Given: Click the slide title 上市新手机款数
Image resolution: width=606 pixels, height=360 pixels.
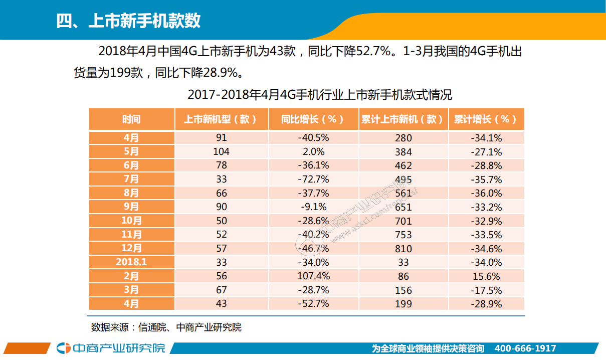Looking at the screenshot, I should click(129, 21).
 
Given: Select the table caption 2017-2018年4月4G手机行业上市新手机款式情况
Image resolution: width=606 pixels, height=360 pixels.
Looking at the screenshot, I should click(319, 94).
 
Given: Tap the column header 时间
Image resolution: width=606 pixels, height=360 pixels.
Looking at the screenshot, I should click(131, 119).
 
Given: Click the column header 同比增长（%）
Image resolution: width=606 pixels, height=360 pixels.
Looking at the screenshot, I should click(313, 119).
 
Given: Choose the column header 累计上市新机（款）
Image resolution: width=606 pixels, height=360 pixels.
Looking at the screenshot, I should click(402, 119).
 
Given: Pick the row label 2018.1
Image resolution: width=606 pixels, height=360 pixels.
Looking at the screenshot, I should click(131, 262).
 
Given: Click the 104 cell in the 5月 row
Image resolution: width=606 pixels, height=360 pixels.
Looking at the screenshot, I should click(221, 151).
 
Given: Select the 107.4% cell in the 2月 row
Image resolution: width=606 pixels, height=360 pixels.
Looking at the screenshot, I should click(313, 276).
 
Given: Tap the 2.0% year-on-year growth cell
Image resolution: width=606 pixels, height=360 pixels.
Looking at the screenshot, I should click(313, 151).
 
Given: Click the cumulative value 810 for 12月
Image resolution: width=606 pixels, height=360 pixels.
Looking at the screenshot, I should click(403, 249).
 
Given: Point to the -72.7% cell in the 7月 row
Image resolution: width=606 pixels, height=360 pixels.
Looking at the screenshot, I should click(313, 179).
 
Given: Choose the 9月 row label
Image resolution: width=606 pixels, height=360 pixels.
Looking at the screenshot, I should click(131, 207).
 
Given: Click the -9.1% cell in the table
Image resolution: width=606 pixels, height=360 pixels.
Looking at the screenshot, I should click(313, 207).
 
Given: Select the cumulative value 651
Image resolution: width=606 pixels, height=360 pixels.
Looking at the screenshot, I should click(403, 207).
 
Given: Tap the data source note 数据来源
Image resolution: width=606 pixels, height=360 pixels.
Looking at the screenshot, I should click(166, 327).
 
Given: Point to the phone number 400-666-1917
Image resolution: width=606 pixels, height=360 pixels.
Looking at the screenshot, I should click(525, 348).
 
